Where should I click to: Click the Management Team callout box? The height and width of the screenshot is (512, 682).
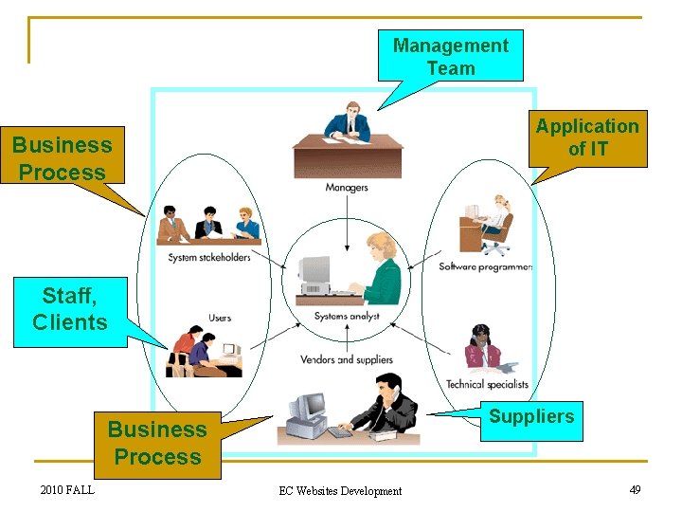click(x=450, y=56)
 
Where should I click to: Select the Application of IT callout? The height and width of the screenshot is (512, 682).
click(x=588, y=137)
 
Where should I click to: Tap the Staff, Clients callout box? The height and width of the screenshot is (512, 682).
click(x=69, y=310)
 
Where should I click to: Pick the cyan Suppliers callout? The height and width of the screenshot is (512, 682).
click(x=530, y=417)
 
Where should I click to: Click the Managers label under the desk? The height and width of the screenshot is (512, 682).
click(x=346, y=188)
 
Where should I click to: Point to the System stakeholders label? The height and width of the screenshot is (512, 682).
click(x=209, y=257)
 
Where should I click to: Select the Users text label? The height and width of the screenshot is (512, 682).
click(x=220, y=318)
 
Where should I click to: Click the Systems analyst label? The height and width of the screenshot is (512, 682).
click(x=347, y=316)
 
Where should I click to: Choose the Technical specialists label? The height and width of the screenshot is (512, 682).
click(x=487, y=384)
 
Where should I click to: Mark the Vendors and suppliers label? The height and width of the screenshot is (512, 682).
click(x=346, y=359)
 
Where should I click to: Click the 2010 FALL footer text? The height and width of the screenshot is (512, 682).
click(x=67, y=489)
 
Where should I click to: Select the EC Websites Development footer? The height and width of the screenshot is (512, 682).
click(x=340, y=490)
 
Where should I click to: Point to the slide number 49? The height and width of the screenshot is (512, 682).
click(x=635, y=489)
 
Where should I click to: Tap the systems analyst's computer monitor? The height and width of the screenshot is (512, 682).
click(x=315, y=271)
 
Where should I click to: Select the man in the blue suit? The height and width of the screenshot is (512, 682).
click(x=347, y=121)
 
